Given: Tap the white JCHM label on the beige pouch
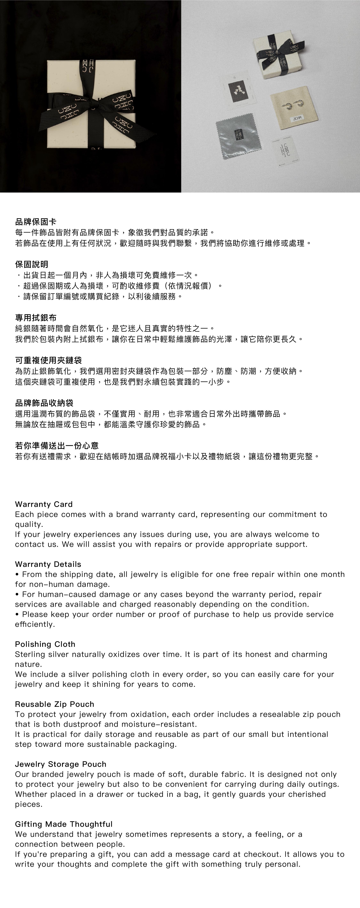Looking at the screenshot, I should tap(297, 119).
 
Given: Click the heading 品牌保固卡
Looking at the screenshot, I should tap(36, 222).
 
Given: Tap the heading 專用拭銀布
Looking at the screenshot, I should tap(36, 318).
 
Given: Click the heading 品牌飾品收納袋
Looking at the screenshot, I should tap(44, 403).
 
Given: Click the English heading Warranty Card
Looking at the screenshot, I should tap(44, 504).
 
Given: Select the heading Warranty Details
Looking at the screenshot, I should tap(48, 564).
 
